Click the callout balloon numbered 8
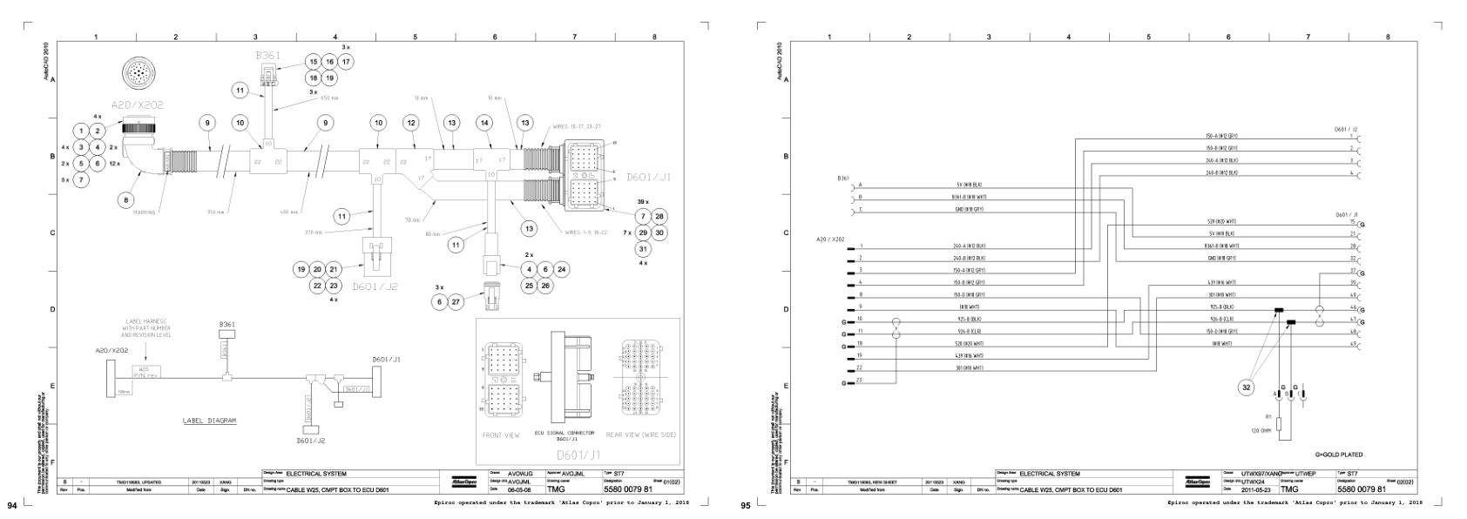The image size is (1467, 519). [127, 199]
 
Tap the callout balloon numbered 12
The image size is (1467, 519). [411, 123]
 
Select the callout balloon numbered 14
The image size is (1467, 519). [484, 123]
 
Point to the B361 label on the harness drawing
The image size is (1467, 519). [267, 55]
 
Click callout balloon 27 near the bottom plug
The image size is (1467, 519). [456, 301]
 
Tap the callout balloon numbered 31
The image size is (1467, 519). [643, 249]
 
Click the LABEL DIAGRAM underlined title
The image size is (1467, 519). [209, 421]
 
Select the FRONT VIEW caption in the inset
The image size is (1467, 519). [501, 435]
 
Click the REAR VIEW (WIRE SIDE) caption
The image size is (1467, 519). [641, 435]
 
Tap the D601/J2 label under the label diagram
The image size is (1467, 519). [310, 441]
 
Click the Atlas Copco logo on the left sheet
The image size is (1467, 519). [458, 482]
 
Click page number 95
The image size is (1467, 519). [745, 505]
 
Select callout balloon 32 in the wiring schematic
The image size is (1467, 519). [1247, 387]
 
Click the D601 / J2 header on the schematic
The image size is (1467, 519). [1345, 129]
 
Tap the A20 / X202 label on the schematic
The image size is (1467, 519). [829, 238]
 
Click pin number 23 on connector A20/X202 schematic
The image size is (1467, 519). [860, 381]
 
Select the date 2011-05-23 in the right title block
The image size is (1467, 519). [1253, 489]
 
